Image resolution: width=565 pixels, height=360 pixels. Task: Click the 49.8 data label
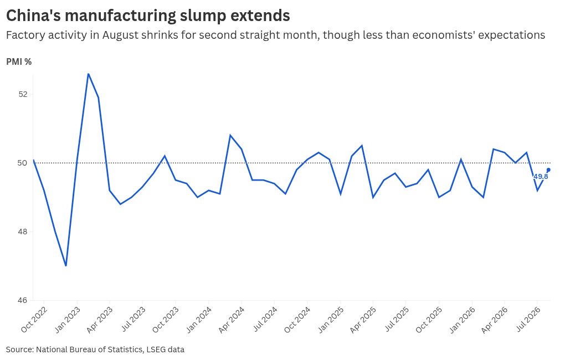[541, 177]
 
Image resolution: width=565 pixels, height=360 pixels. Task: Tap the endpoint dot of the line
[548, 169]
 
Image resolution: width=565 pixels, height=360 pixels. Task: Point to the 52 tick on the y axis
[23, 94]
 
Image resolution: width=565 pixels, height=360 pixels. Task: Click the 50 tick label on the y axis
[23, 163]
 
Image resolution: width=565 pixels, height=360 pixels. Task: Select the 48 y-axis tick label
[23, 232]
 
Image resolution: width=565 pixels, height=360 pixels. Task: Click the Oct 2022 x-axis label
[34, 320]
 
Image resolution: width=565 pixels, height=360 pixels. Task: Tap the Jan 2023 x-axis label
[67, 320]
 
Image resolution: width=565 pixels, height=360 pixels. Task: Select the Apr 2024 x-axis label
[232, 320]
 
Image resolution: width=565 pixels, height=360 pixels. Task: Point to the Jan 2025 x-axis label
[331, 320]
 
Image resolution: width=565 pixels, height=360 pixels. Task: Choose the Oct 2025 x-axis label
[429, 320]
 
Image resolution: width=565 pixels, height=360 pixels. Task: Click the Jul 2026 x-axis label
[528, 319]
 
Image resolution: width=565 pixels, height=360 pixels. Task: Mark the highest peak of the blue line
[88, 74]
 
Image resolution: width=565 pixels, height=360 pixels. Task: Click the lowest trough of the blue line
[66, 266]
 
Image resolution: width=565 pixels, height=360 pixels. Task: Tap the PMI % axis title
[19, 62]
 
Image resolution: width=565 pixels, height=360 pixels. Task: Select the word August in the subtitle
[120, 35]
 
